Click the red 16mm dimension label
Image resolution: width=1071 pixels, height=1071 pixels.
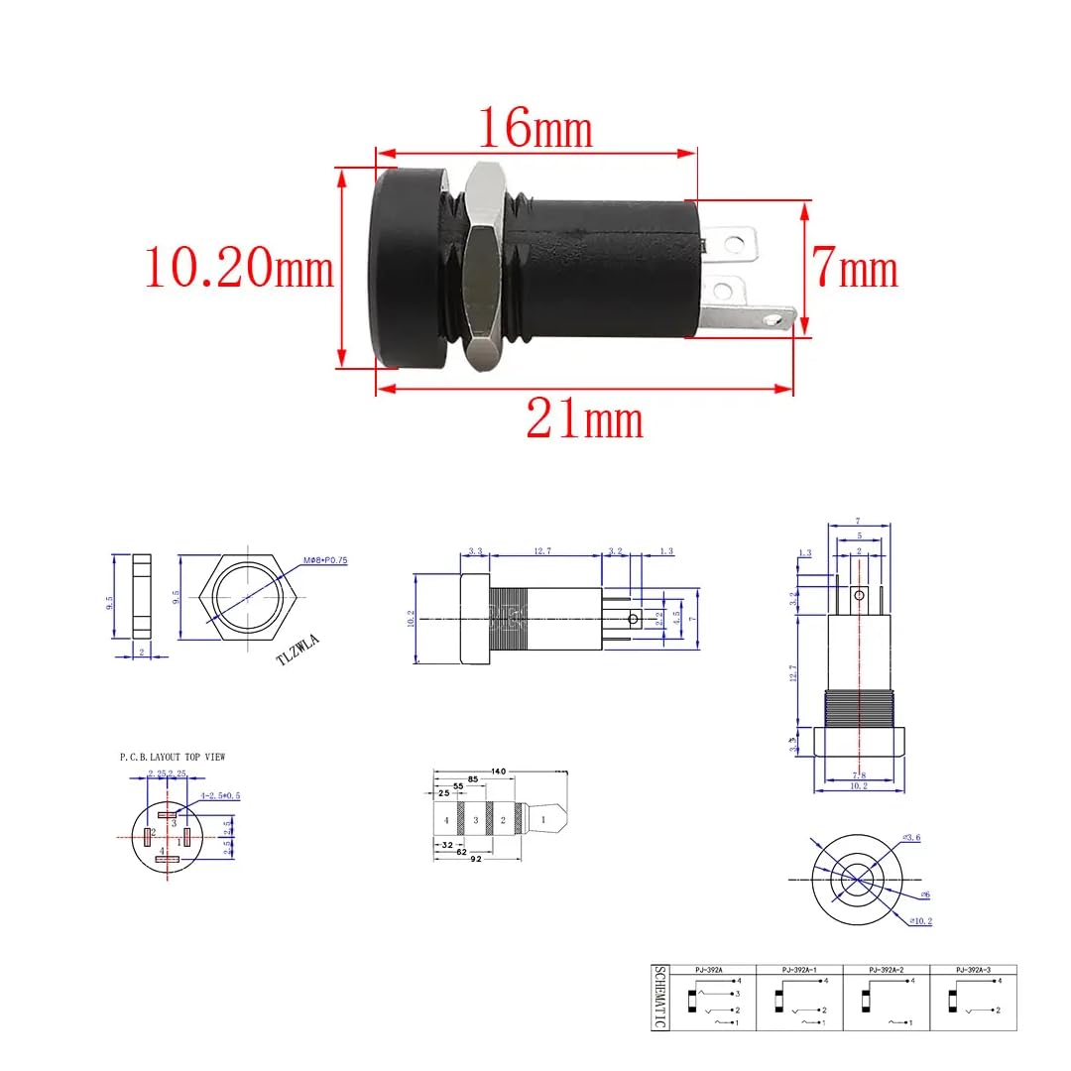535,128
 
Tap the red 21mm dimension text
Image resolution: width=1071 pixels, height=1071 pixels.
584,419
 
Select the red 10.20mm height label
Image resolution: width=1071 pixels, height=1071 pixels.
239,268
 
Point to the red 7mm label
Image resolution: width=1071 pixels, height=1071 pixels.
855,270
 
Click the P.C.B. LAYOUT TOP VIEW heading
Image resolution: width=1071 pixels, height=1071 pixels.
173,757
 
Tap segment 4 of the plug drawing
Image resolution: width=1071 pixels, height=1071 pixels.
446,821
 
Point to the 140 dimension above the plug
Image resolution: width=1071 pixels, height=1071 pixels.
498,771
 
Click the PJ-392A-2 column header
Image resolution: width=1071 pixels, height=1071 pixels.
885,969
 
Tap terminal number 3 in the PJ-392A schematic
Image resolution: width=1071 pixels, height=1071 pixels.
738,994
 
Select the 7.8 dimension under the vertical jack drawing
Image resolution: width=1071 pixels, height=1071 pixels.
859,774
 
